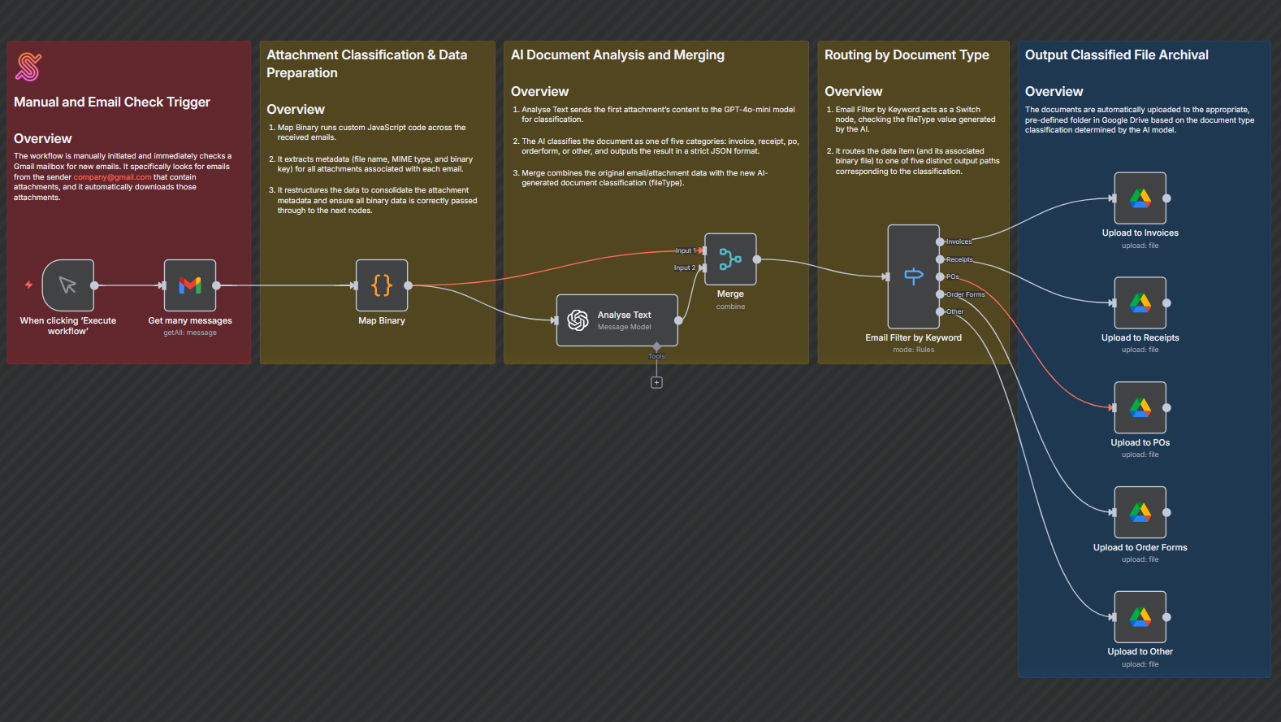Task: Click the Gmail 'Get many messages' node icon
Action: (x=190, y=285)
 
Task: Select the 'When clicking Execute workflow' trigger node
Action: (x=68, y=285)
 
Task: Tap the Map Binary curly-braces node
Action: (x=382, y=285)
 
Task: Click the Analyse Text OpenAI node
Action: (x=617, y=320)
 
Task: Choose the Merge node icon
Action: (x=730, y=259)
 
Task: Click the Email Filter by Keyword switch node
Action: (x=914, y=276)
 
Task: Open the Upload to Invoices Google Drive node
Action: (x=1140, y=198)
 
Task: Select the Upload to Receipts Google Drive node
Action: (x=1140, y=303)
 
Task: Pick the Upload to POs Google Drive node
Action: (x=1140, y=407)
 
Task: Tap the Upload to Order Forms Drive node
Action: (x=1140, y=512)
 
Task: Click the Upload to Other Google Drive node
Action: (x=1140, y=617)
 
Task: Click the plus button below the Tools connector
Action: (x=656, y=382)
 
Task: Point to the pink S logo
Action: (x=28, y=67)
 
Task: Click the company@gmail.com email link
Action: (x=112, y=177)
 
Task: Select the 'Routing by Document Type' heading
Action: (x=907, y=55)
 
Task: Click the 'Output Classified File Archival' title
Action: (x=1116, y=55)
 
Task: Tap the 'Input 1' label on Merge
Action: (x=685, y=250)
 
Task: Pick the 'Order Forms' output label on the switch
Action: (x=965, y=294)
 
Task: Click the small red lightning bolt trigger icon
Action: (x=28, y=285)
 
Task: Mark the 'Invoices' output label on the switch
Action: (x=959, y=241)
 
